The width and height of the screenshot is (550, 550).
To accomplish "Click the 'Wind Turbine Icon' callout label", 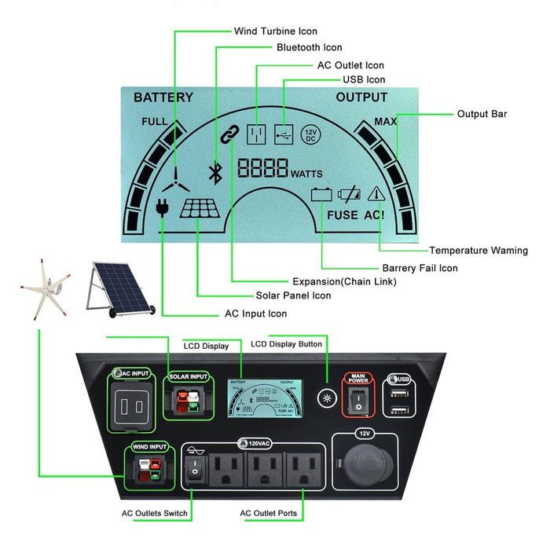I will coord(275,31).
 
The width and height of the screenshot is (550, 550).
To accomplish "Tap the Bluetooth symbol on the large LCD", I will coord(212,172).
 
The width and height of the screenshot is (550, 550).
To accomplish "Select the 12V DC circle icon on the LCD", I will coord(310,134).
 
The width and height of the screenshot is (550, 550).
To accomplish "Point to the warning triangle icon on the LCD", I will coord(377,193).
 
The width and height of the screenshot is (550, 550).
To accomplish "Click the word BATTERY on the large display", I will coord(163,98).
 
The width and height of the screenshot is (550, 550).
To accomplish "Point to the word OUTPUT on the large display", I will coord(361,97).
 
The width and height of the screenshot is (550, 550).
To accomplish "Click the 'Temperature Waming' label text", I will coord(478,251).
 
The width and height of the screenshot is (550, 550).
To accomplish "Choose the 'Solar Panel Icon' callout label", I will coord(293,295).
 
